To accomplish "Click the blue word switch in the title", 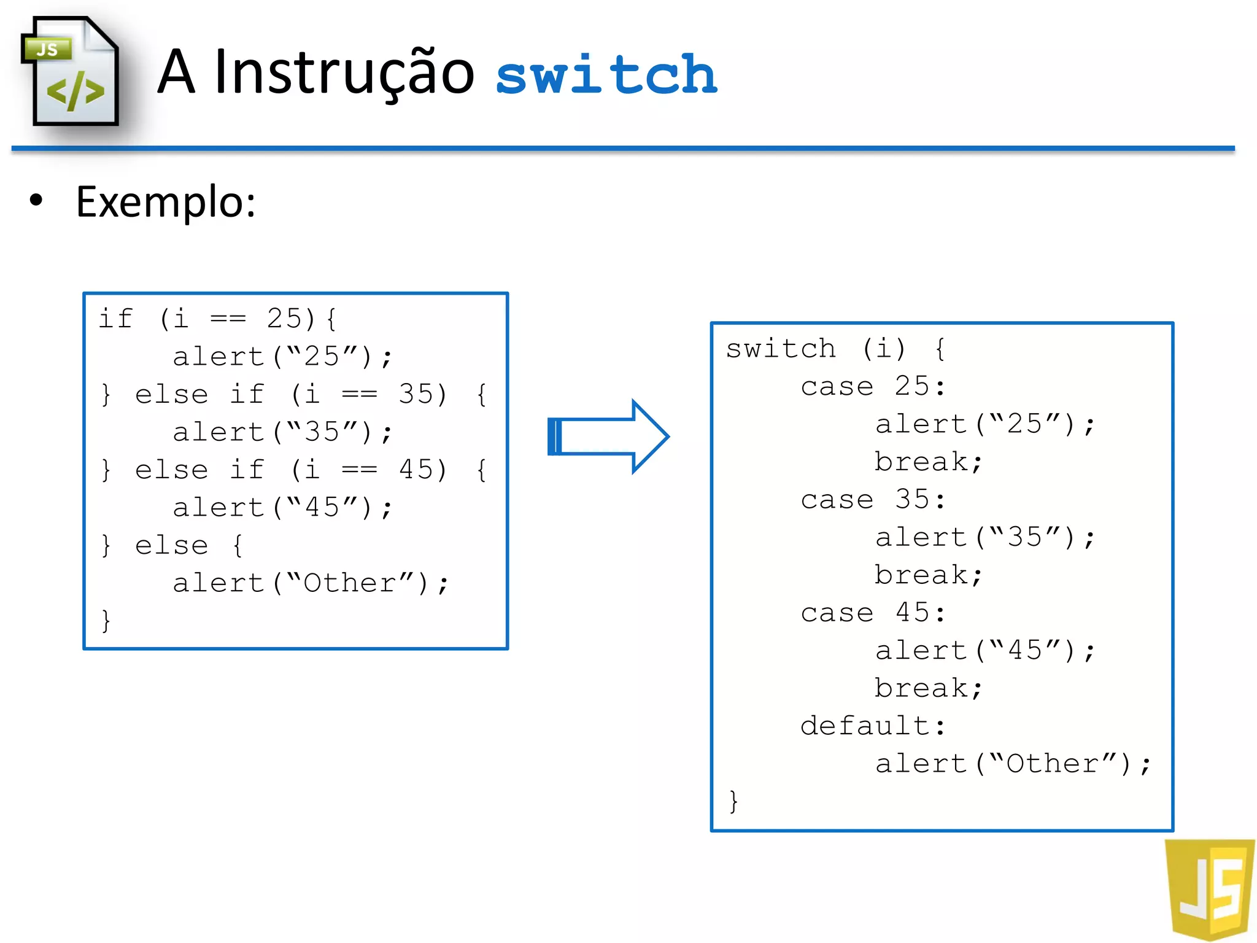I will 606,75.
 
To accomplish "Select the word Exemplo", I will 164,202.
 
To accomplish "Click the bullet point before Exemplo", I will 37,200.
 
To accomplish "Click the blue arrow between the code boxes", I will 607,436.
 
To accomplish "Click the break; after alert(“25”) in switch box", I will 927,462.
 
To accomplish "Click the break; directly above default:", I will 927,688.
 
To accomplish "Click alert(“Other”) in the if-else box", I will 310,583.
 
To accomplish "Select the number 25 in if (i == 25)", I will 285,319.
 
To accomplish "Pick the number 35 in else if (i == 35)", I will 416,394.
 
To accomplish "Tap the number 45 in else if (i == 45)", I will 416,470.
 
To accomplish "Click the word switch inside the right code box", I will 780,349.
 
